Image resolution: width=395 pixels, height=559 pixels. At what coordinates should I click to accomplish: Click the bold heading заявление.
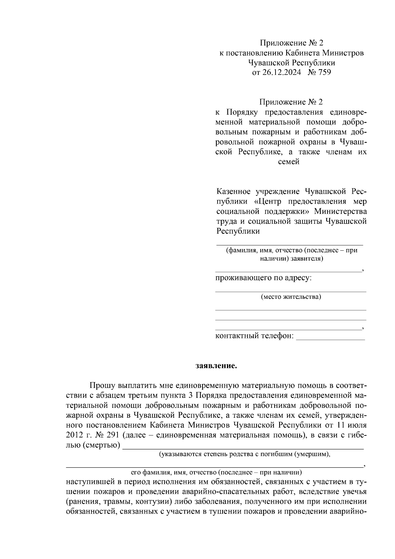[x=216, y=366]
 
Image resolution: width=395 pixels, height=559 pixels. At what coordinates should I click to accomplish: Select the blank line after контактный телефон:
[x=330, y=338]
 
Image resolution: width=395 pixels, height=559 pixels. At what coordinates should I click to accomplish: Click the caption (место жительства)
[x=291, y=297]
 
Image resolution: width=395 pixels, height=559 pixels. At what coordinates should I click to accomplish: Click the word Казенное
[x=233, y=191]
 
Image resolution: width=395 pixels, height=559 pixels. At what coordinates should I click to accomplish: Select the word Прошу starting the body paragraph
[x=101, y=385]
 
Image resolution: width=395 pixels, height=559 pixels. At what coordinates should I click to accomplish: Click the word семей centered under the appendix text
[x=289, y=162]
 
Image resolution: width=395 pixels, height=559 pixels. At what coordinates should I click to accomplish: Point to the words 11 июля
[x=351, y=425]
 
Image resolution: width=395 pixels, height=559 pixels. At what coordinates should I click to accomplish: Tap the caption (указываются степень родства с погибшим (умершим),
[x=245, y=455]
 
